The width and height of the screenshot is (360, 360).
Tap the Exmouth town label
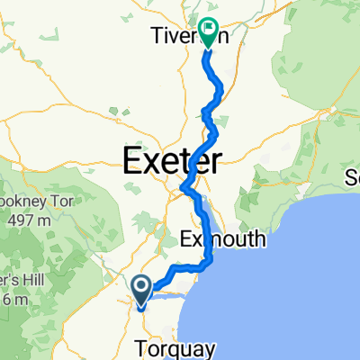point(222,239)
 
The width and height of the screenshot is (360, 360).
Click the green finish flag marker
point(209,33)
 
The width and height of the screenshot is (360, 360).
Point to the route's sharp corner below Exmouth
point(210,262)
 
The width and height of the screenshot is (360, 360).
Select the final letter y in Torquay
point(212,349)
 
